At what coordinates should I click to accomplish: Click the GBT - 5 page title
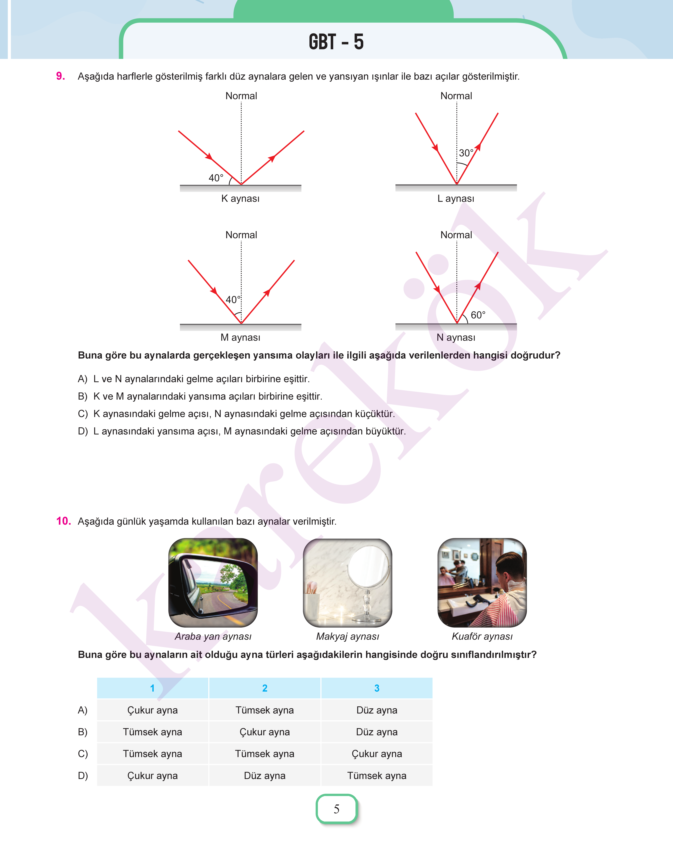click(336, 42)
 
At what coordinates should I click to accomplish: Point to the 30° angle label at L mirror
click(466, 153)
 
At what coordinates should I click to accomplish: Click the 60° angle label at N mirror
click(478, 315)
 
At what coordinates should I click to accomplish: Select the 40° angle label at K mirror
click(216, 178)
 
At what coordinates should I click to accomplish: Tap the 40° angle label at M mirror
click(232, 300)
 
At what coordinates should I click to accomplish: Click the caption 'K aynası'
click(240, 198)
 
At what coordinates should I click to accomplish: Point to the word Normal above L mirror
click(456, 96)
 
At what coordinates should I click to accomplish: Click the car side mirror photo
click(213, 582)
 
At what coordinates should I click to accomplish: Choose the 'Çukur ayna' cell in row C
click(377, 754)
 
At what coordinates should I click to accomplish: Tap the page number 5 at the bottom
click(336, 809)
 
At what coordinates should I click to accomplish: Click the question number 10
click(63, 521)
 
